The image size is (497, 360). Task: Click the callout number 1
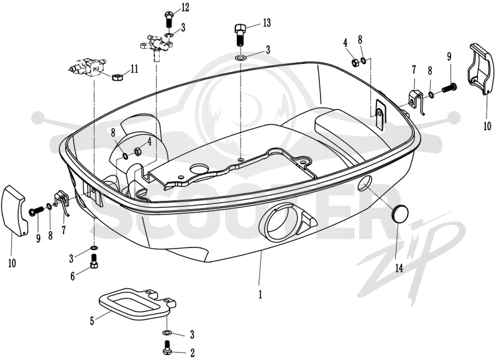pyautogui.click(x=260, y=295)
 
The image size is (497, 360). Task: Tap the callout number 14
pyautogui.click(x=399, y=268)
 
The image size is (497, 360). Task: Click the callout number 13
pyautogui.click(x=267, y=23)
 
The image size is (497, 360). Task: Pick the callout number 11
pyautogui.click(x=134, y=69)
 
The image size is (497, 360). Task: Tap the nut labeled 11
pyautogui.click(x=117, y=76)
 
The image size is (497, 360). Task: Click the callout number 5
pyautogui.click(x=92, y=321)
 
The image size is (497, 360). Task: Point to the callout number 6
pyautogui.click(x=73, y=276)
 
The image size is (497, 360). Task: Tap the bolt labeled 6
pyautogui.click(x=94, y=261)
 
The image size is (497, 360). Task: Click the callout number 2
pyautogui.click(x=192, y=353)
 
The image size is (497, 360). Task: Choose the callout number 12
pyautogui.click(x=185, y=7)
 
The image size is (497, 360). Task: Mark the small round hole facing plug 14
pyautogui.click(x=365, y=184)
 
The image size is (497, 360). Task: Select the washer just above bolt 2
pyautogui.click(x=167, y=333)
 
